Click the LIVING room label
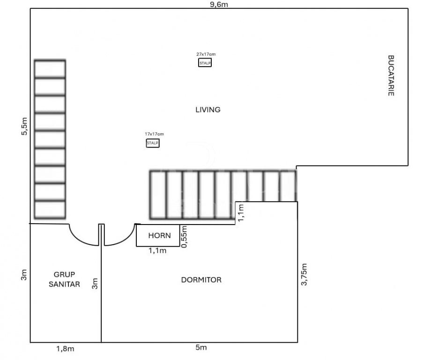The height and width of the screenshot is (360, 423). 208,110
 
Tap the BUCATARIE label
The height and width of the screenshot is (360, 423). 391,75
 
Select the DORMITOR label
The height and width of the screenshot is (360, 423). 201,280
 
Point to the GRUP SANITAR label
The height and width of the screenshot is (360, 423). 64,279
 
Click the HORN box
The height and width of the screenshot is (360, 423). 158,235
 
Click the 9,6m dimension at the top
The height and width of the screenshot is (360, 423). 219,5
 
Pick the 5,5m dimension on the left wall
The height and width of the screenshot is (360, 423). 24,126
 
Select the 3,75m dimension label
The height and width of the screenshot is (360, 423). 304,274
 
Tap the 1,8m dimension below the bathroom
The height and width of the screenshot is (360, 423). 65,349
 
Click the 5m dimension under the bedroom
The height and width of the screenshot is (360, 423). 201,347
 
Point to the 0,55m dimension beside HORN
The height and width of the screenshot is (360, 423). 185,237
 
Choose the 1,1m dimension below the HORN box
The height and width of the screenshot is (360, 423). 157,251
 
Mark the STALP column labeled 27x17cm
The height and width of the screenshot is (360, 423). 205,63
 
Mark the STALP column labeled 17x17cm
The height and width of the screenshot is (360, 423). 153,143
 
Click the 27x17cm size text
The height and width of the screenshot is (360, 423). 206,54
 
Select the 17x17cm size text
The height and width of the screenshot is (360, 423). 154,134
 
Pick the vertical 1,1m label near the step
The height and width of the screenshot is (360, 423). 241,213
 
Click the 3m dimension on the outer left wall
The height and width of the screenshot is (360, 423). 24,275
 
